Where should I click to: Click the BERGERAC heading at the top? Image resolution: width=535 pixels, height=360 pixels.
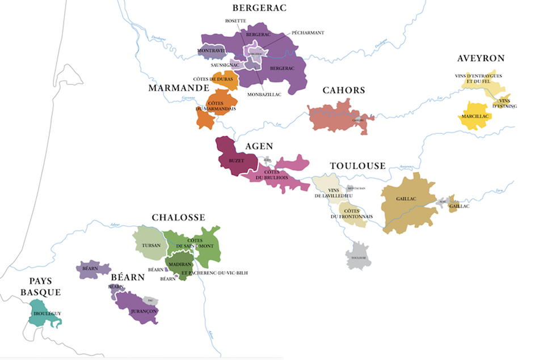260,8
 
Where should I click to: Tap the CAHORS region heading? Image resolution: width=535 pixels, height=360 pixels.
344,91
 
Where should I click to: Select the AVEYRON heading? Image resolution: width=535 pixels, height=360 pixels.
481,58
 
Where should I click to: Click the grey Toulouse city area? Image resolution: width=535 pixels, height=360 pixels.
358,257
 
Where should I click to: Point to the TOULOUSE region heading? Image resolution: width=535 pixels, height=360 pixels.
357,166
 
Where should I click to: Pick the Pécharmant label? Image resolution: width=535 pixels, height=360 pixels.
308,33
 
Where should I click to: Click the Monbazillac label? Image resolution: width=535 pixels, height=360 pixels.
265,94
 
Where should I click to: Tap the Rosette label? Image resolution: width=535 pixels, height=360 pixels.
235,21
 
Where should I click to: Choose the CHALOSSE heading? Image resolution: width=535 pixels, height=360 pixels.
178,218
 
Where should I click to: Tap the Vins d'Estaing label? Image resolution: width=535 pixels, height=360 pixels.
503,103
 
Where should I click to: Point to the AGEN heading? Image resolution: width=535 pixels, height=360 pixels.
259,147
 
